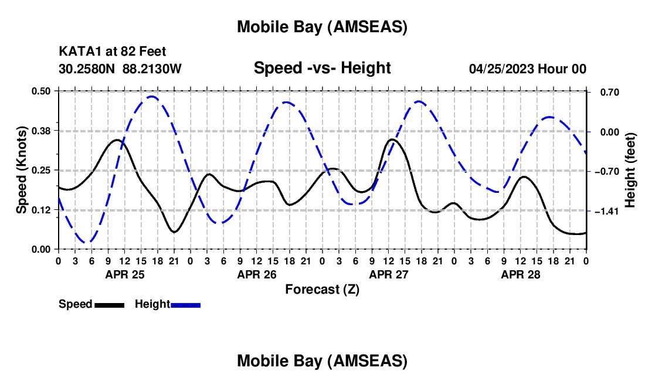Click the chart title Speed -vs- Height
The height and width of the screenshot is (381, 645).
[322, 69]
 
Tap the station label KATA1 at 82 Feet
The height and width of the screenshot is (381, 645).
[116, 52]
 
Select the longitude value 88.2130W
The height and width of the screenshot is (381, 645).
[152, 69]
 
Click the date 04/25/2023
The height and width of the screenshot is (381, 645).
[501, 69]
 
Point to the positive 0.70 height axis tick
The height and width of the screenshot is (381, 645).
[607, 92]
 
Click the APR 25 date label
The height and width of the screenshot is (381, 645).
[124, 274]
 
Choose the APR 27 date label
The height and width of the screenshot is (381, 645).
[388, 274]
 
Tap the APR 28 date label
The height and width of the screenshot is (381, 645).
[520, 274]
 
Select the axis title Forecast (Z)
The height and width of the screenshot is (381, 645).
[322, 289]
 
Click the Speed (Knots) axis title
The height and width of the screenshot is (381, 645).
[22, 170]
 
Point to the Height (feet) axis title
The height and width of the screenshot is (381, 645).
[630, 170]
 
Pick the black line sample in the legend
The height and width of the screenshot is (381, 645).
[109, 304]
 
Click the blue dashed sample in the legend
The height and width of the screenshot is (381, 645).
[186, 304]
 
